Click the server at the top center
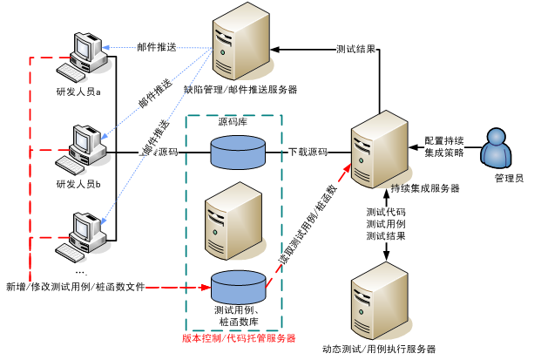click(240, 41)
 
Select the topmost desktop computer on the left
click(88, 57)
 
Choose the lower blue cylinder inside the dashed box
click(238, 287)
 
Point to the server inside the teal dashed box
click(233, 221)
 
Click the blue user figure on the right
click(496, 148)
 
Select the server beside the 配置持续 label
click(379, 149)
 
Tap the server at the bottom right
click(379, 300)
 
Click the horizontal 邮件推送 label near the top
click(157, 47)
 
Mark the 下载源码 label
click(308, 152)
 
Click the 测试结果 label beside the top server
click(356, 50)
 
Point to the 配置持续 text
click(444, 140)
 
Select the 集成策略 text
click(444, 153)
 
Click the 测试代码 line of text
click(386, 212)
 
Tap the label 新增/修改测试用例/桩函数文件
click(76, 287)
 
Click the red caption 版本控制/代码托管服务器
click(239, 338)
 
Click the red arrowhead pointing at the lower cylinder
click(206, 287)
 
